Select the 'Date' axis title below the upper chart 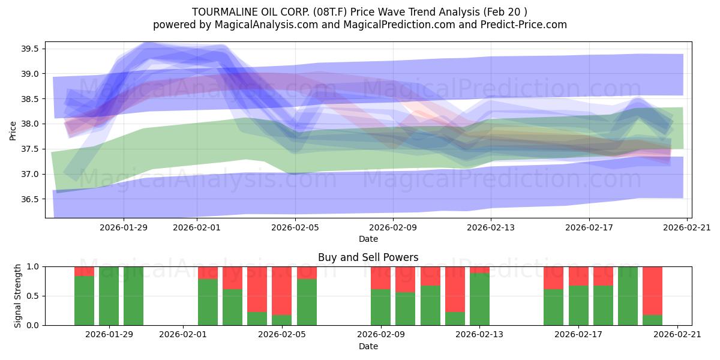click(x=368, y=239)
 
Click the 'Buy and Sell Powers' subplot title click(x=368, y=257)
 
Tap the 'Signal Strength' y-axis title click(x=18, y=295)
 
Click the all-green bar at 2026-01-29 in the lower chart click(x=109, y=296)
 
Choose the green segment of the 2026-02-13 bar click(x=479, y=299)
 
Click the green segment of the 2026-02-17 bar click(x=603, y=305)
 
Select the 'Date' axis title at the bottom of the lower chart click(x=368, y=346)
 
